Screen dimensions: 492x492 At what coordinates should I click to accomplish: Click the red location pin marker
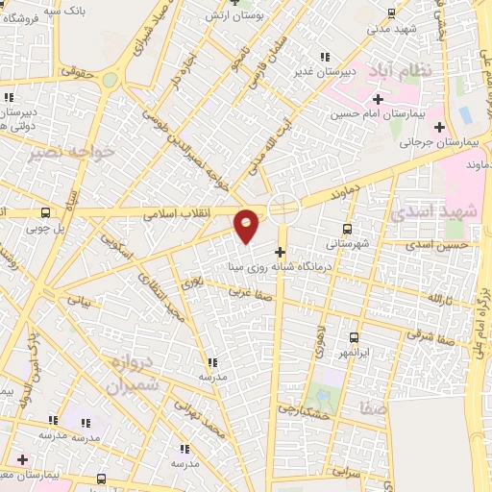pos(247,225)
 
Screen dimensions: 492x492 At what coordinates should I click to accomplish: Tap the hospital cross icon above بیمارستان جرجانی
pos(440,127)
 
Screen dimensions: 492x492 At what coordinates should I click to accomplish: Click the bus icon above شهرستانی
pos(348,229)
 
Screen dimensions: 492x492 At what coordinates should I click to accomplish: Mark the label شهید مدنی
pos(390,28)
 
